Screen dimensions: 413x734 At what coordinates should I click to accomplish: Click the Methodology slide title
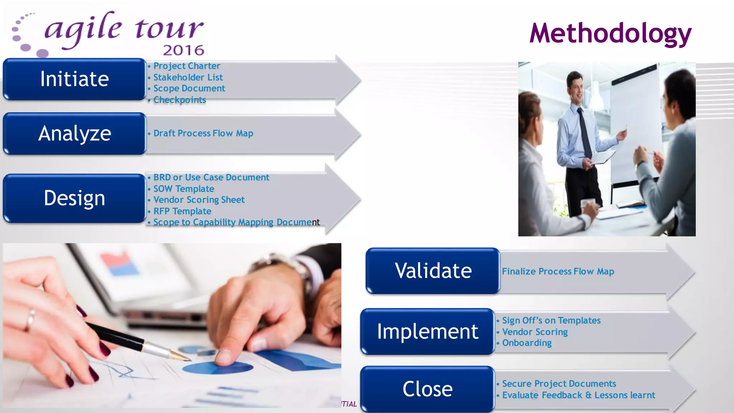point(610,33)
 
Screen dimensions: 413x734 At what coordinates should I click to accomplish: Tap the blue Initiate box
point(74,79)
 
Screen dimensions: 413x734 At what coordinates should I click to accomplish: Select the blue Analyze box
point(74,134)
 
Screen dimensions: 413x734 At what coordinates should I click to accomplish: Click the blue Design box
point(74,198)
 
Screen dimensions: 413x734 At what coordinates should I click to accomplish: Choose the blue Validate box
point(433,271)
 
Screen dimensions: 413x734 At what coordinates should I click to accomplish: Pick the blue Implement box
point(427,332)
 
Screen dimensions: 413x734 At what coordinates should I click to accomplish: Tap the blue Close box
point(427,389)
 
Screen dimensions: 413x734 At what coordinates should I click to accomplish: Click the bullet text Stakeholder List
point(188,77)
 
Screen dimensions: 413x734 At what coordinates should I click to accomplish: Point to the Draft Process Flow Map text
point(203,133)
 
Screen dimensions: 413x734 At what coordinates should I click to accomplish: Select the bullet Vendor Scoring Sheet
point(199,200)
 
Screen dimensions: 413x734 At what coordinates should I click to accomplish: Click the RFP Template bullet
point(182,211)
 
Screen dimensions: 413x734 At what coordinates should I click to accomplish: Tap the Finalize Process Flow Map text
point(558,271)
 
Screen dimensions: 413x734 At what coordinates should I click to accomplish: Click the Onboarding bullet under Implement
point(526,343)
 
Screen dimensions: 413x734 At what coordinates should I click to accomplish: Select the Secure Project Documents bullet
point(559,384)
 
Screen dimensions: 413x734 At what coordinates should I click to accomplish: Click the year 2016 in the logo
point(183,50)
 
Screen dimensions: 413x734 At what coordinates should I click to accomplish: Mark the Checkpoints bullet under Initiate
point(179,100)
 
